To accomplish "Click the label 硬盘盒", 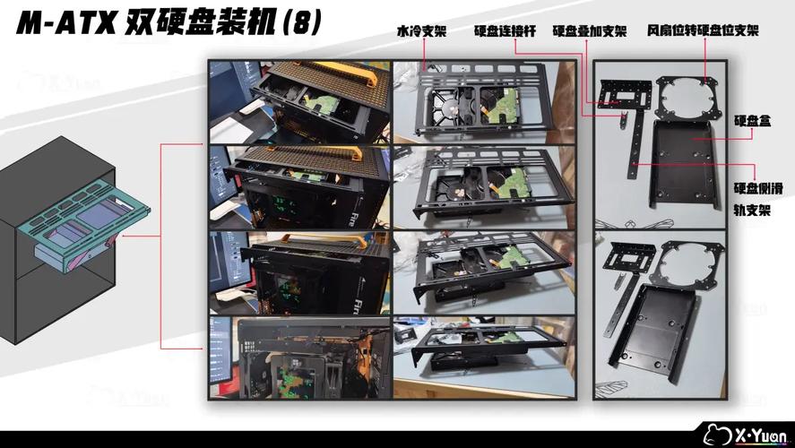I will click(x=752, y=120).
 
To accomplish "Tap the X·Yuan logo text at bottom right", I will click(x=757, y=434).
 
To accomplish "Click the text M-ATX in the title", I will click(x=64, y=22).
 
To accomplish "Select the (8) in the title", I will click(x=301, y=22).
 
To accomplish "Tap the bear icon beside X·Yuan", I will click(x=714, y=434).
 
